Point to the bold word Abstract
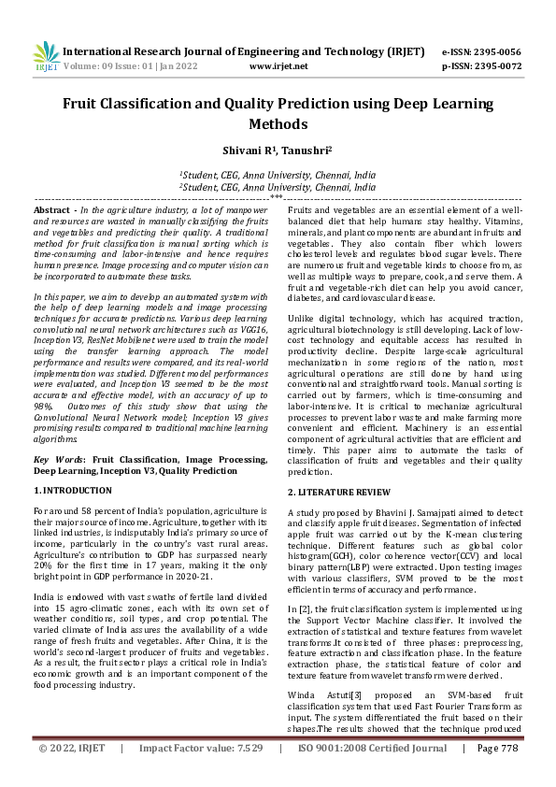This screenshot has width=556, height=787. [53, 212]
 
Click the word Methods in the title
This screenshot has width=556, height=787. [278, 123]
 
